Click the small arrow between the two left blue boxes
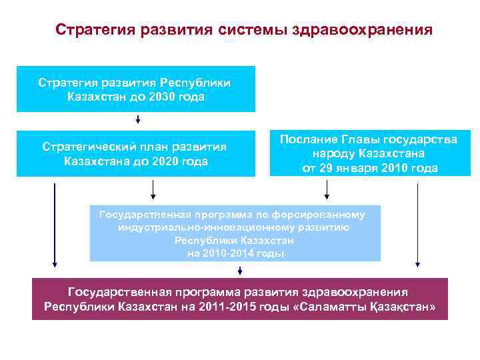[x=138, y=120]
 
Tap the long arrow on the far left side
[x=55, y=227]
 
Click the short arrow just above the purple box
[x=239, y=270]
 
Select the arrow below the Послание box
[x=326, y=190]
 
